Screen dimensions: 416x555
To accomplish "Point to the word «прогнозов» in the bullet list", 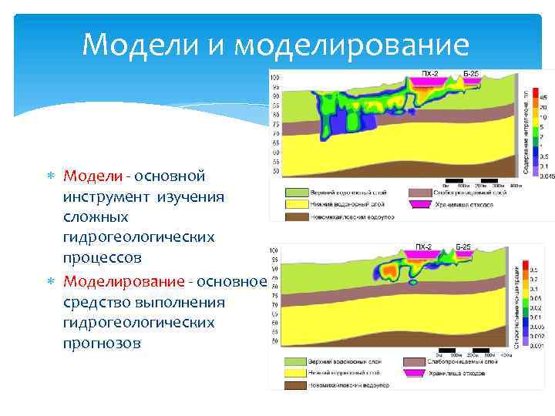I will [103, 343].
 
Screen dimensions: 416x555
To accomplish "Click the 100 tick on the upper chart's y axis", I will [274, 78].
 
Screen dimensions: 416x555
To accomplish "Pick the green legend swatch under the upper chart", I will [298, 192].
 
